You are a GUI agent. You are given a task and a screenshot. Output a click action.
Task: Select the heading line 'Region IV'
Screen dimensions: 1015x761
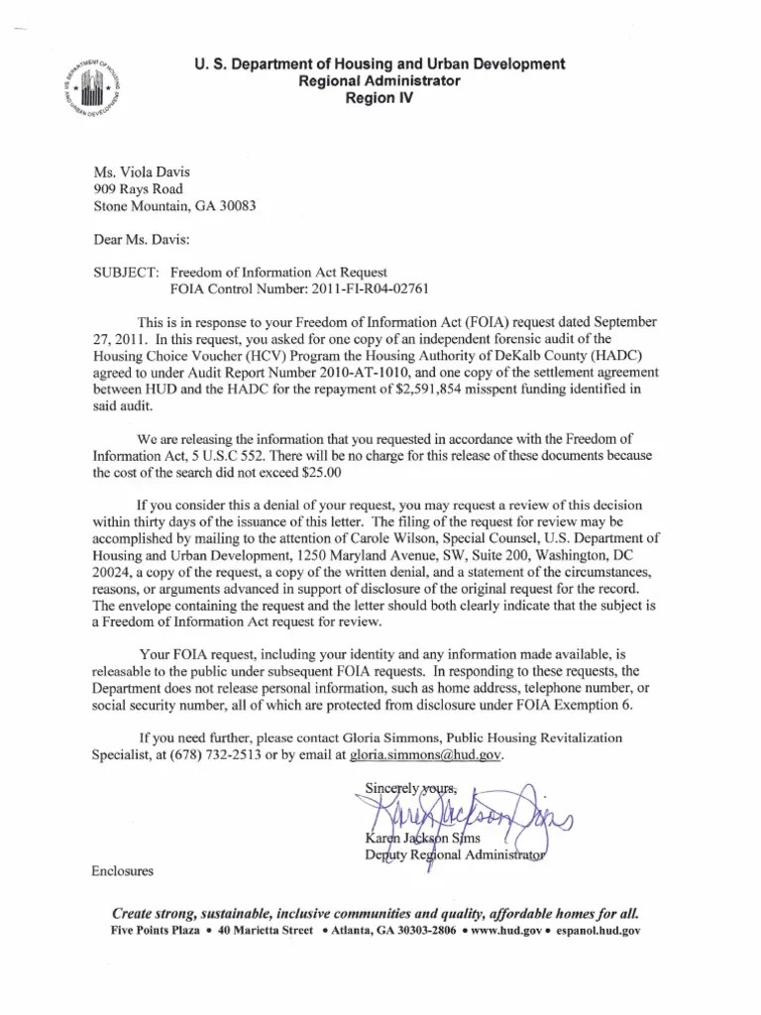(380, 99)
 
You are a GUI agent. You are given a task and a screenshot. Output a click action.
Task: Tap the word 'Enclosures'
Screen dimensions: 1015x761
(122, 871)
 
